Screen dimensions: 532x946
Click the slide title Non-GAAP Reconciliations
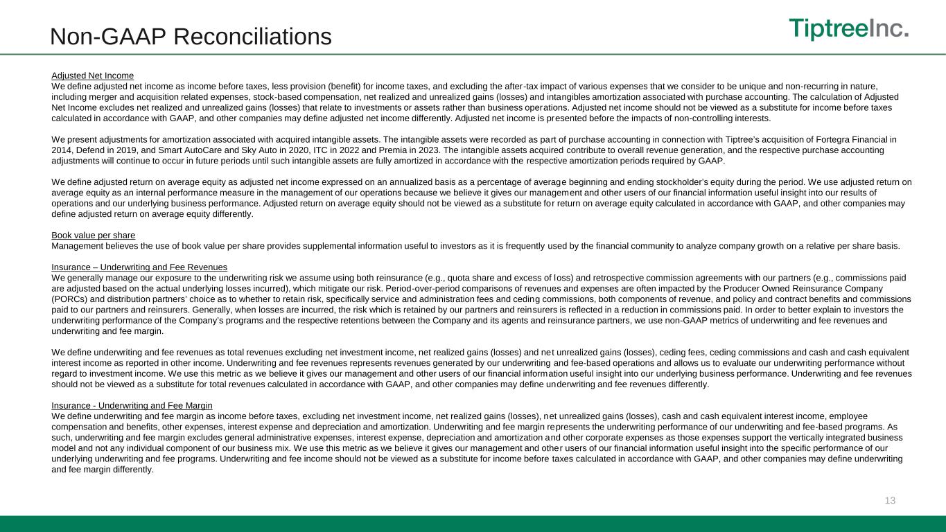tap(191, 37)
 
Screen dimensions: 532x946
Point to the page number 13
tap(891, 500)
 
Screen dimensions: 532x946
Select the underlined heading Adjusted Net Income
tap(93, 76)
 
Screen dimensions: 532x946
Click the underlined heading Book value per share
tap(93, 236)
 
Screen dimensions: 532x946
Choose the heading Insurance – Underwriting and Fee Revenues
tap(139, 267)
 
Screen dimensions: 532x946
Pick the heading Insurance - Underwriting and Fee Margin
tap(132, 405)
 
